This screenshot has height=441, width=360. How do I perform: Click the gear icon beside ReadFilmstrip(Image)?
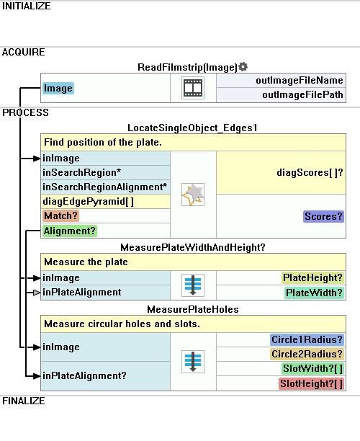pos(243,67)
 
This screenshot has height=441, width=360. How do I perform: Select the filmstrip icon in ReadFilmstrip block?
pos(193,88)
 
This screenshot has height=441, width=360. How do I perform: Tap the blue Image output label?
pos(58,89)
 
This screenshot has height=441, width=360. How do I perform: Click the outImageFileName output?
pos(300,81)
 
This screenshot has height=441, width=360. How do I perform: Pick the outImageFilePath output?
pos(302,95)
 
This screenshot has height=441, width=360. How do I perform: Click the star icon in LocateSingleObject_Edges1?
pos(193,195)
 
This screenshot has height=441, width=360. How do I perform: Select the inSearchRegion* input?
pos(82,172)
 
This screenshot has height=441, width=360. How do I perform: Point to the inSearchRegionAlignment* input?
pos(105,187)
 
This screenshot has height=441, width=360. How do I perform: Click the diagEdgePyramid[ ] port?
pos(89,201)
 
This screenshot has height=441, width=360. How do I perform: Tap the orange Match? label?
pos(60,216)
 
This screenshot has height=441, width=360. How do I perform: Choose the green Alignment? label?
pos(70,231)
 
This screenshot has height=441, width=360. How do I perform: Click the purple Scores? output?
pos(323,216)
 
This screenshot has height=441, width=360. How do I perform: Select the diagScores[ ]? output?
pos(310,172)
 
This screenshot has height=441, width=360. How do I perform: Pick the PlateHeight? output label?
pos(312,278)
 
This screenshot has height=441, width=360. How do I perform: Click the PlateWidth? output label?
pos(314,293)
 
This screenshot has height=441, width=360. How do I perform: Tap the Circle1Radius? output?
pos(307,339)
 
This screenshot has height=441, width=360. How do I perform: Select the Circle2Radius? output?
pos(307,354)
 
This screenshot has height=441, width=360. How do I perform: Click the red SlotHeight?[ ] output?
pos(311,383)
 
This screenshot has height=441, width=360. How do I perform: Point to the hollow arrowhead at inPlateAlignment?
pos(37,293)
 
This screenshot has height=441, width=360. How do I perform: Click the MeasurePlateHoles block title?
pos(193,309)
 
